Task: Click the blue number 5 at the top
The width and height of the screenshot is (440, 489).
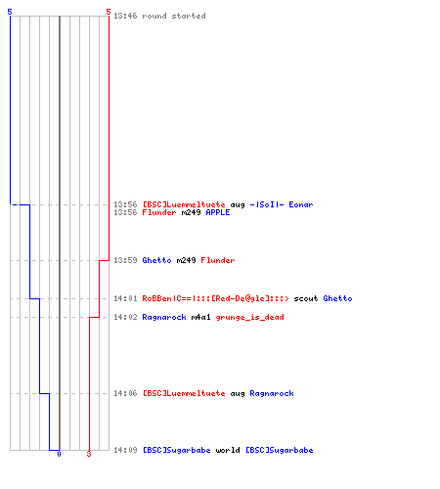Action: (10, 12)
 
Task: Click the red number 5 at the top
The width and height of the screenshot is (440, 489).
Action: (109, 12)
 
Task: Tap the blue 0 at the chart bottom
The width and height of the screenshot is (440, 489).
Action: (59, 454)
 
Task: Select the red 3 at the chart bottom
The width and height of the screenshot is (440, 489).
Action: (89, 454)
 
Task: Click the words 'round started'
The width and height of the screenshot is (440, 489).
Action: (174, 16)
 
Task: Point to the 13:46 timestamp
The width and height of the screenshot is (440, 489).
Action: (125, 16)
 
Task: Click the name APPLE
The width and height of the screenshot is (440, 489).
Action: (218, 212)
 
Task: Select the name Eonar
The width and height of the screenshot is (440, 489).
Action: (301, 204)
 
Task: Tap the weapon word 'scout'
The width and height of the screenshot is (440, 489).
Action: (306, 298)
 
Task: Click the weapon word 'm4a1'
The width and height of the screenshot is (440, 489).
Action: (200, 317)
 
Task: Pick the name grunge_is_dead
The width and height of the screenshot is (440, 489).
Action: (249, 317)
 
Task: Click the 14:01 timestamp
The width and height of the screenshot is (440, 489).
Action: (125, 298)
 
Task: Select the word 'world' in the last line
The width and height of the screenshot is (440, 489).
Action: (228, 450)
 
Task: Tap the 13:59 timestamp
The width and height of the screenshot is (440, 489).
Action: (125, 260)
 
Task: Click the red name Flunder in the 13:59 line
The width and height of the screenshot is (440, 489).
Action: (218, 260)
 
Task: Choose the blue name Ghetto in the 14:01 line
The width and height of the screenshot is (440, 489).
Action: (337, 298)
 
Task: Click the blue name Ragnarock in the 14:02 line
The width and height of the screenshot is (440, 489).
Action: (164, 317)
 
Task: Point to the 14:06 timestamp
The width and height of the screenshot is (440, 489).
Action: (125, 393)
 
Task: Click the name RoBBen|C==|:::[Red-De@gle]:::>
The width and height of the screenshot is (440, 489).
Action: (215, 298)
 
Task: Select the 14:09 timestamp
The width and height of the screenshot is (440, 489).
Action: (125, 450)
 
